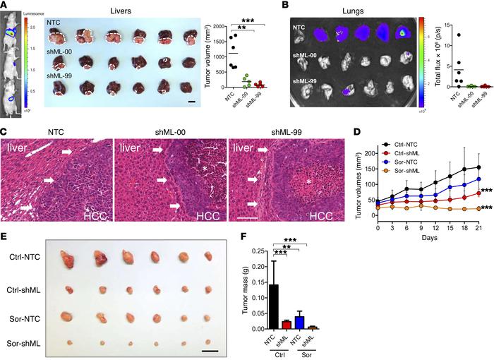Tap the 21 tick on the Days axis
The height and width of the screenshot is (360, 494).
click(478, 228)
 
